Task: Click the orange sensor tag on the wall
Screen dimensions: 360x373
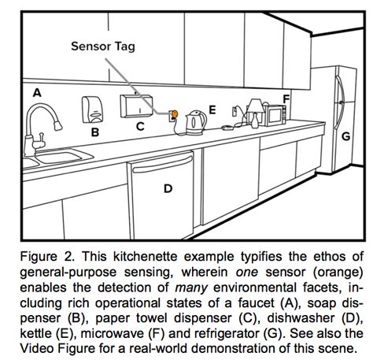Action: (x=175, y=115)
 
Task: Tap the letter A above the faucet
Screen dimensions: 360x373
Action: (x=35, y=93)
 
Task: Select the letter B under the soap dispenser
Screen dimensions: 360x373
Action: (x=94, y=132)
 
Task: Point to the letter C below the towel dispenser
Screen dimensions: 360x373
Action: (x=139, y=125)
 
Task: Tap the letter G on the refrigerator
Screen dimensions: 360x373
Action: (x=345, y=135)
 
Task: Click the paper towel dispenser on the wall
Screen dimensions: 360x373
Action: (x=137, y=105)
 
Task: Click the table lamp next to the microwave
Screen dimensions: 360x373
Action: (x=254, y=111)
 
